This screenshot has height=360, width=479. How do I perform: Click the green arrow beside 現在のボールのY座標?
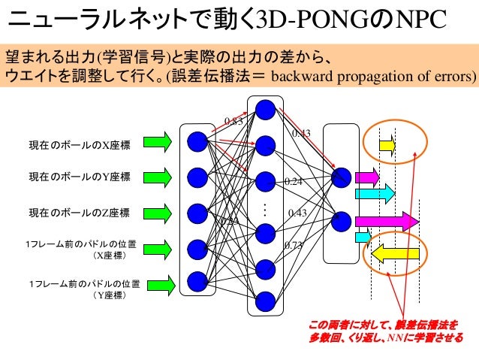[x=158, y=178]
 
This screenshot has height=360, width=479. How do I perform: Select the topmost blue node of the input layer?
[x=197, y=141]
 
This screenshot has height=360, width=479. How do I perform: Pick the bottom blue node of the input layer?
[x=197, y=281]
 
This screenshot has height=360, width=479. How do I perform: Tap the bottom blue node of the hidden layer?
[x=265, y=300]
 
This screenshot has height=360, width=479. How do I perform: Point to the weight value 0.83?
[x=233, y=120]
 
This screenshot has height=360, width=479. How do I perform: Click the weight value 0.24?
[x=293, y=182]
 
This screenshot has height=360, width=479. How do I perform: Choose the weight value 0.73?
[x=293, y=245]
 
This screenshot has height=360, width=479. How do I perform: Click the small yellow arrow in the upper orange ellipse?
[x=386, y=144]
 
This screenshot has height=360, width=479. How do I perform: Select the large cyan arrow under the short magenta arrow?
[x=375, y=194]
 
